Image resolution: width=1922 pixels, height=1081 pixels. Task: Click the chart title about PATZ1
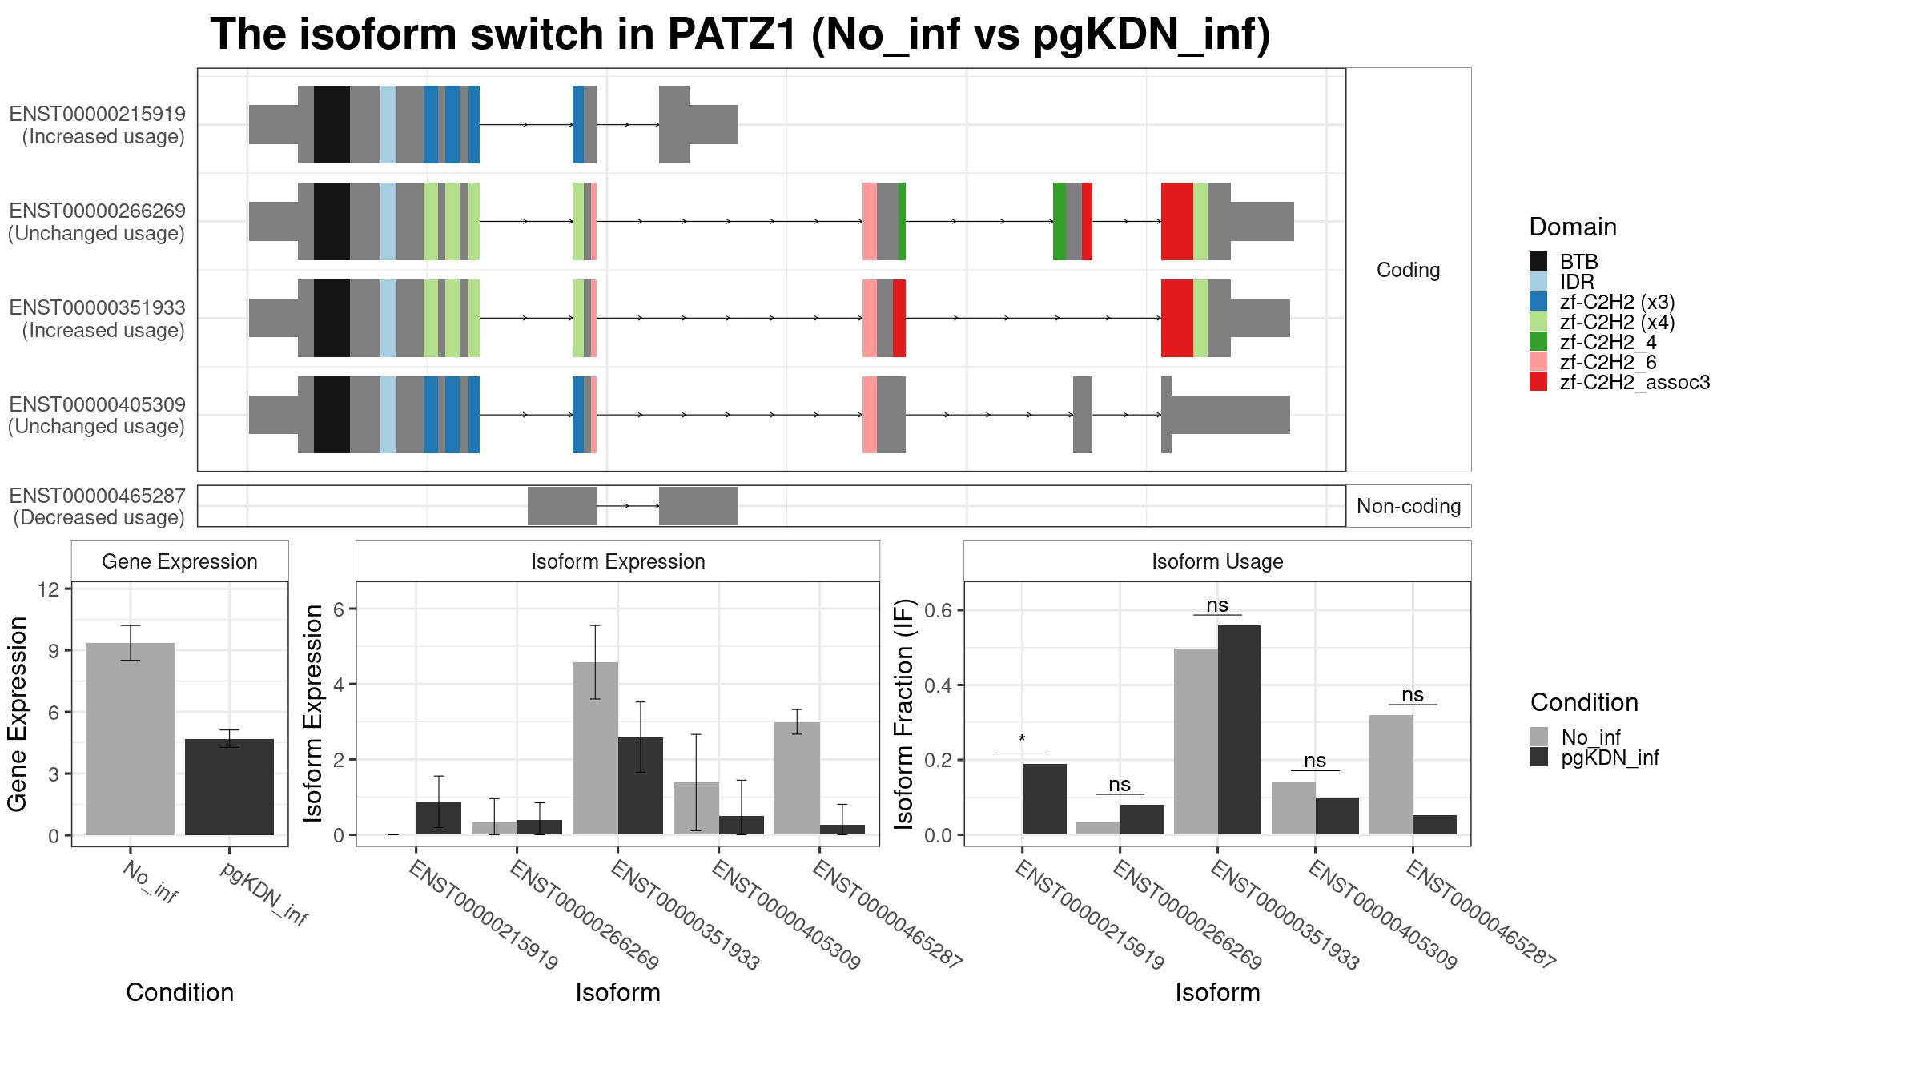coord(740,35)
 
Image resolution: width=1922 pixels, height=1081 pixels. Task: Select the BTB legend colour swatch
coord(1538,262)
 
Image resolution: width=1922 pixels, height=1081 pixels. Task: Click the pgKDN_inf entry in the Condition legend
coord(1594,758)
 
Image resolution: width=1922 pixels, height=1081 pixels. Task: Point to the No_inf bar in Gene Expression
coord(131,739)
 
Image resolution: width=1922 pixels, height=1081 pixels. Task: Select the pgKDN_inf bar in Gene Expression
coord(229,787)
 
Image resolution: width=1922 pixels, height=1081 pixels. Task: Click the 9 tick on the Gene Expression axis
coord(54,650)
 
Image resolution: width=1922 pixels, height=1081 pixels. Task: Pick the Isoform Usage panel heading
coord(1217,561)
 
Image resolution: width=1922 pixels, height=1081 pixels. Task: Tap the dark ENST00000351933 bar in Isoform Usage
coord(1240,730)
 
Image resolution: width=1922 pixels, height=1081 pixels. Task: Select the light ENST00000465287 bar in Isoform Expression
coord(798,778)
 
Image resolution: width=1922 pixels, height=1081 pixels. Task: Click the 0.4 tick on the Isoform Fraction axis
coord(940,685)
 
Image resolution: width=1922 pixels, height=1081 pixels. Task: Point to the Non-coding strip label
coord(1409,506)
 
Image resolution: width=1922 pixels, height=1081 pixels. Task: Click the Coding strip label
coord(1409,270)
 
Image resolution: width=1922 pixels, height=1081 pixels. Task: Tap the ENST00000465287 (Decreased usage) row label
coord(97,506)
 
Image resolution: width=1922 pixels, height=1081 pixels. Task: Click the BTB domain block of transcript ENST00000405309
coord(332,415)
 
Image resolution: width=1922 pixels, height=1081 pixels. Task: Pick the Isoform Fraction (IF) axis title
coord(904,713)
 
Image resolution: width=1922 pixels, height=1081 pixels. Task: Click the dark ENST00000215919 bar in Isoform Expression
coord(439,818)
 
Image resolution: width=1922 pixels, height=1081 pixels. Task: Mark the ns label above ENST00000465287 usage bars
coord(1413,695)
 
